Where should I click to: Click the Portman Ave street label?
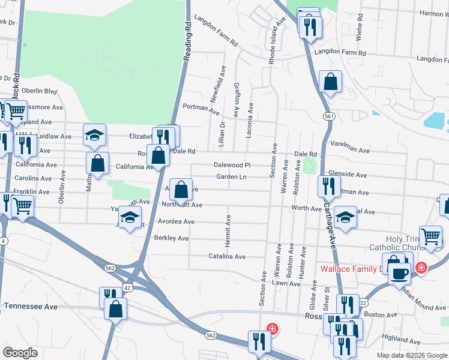[201, 109]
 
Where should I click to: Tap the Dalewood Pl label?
[232, 164]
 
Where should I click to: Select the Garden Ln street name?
[231, 177]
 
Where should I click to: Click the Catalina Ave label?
[228, 256]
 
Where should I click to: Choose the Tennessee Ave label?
[31, 306]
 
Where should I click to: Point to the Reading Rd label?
[189, 37]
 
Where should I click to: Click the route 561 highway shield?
[328, 115]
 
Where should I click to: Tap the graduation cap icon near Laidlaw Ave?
[95, 136]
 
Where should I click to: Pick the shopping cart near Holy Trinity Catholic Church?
[430, 236]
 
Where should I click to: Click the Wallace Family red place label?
[351, 269]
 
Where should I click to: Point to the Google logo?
[20, 353]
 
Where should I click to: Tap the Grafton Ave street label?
[237, 99]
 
